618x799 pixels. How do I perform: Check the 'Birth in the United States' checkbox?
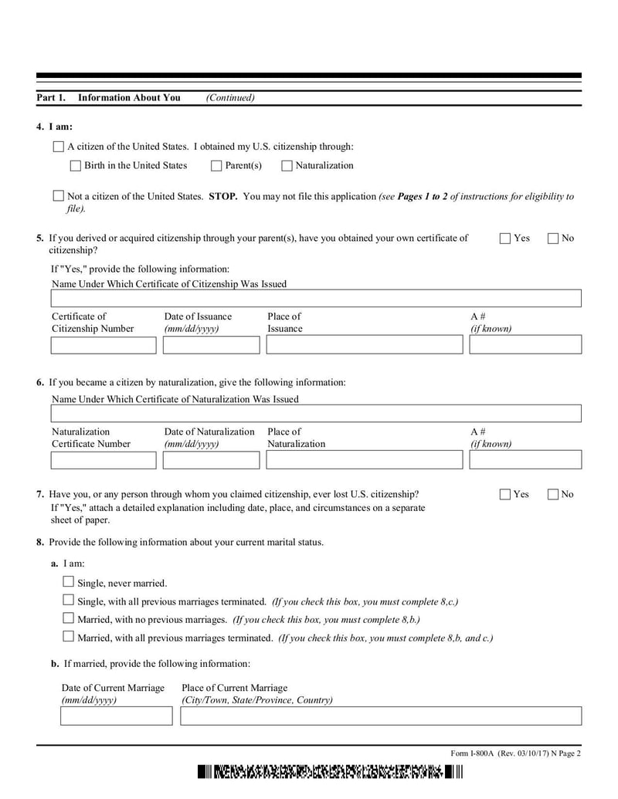click(x=75, y=165)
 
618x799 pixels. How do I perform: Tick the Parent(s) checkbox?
click(x=216, y=165)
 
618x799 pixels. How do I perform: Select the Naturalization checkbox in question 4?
click(x=287, y=165)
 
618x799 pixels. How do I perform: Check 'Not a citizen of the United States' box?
click(x=58, y=196)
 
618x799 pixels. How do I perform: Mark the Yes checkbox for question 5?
click(x=505, y=239)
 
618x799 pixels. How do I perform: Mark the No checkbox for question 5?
click(x=553, y=239)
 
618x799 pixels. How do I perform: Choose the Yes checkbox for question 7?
click(x=505, y=494)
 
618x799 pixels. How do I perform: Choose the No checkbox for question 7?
click(x=553, y=494)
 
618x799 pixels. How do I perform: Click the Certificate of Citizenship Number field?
click(x=103, y=344)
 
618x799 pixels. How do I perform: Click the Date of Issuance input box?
click(x=211, y=344)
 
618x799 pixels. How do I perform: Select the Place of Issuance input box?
click(x=365, y=344)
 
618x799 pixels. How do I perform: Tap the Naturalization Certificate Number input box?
click(x=103, y=460)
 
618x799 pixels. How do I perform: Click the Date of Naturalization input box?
click(x=211, y=460)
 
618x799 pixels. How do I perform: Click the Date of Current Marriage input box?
click(x=117, y=716)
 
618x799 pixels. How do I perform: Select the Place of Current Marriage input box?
click(x=381, y=716)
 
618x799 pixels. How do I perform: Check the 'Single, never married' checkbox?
click(x=68, y=582)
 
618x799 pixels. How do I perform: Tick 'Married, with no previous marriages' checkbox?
click(x=68, y=618)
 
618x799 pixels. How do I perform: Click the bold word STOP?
click(x=222, y=196)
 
